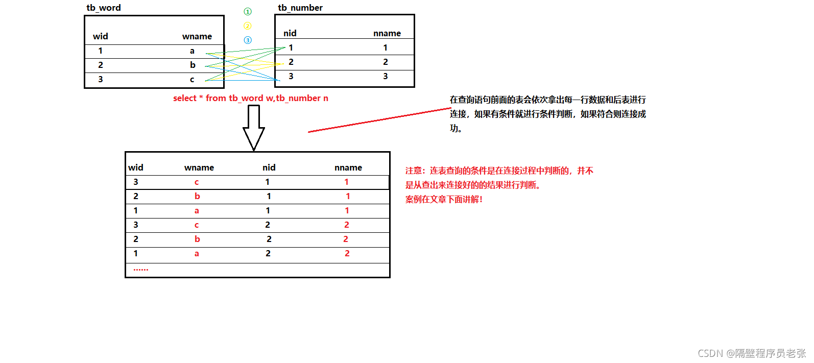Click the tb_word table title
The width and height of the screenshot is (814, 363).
[x=104, y=8]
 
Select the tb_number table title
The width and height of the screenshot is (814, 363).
[x=300, y=8]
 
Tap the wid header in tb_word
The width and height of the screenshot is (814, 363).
[x=101, y=36]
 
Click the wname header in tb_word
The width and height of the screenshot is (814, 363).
[x=197, y=36]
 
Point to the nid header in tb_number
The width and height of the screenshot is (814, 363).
[x=290, y=33]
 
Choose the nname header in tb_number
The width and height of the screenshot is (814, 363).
[x=387, y=33]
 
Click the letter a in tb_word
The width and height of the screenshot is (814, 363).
[x=193, y=51]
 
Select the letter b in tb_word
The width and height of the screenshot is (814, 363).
[x=193, y=65]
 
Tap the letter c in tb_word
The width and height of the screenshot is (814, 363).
[x=193, y=79]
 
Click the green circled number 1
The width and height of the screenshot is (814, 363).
[x=248, y=11]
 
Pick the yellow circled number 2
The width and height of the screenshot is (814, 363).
[x=248, y=26]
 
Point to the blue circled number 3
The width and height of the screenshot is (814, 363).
[x=248, y=40]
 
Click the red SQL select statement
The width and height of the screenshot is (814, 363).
[x=251, y=98]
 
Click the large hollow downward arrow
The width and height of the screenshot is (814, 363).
[x=254, y=128]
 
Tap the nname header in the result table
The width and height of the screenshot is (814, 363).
[x=348, y=167]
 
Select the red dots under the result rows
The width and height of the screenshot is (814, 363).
[x=141, y=269]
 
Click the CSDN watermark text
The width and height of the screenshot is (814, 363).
[x=752, y=353]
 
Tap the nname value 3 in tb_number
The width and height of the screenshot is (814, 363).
[x=386, y=76]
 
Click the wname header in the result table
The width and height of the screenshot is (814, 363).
[x=199, y=167]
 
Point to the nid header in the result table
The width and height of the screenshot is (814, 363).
[x=269, y=167]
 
